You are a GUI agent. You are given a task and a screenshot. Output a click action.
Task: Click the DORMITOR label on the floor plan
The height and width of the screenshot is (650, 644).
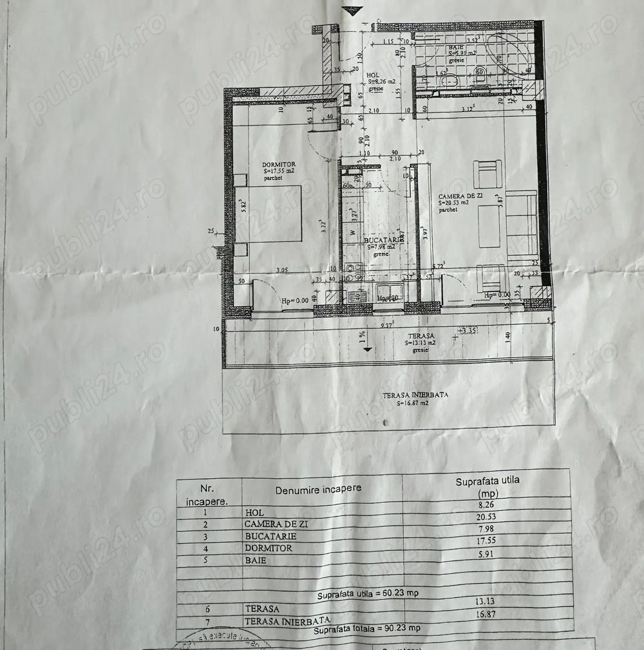[x=279, y=165]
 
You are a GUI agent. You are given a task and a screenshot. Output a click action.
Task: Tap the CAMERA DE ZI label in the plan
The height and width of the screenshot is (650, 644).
[x=460, y=196]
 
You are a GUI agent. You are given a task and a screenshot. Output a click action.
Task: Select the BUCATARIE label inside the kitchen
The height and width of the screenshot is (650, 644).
[x=380, y=238]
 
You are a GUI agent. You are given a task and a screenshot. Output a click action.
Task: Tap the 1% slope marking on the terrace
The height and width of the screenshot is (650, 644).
[x=363, y=335]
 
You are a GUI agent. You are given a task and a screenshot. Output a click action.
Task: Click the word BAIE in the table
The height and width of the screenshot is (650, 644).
[x=256, y=561]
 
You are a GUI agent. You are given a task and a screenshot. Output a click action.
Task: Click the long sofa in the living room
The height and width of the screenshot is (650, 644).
[x=522, y=224]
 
